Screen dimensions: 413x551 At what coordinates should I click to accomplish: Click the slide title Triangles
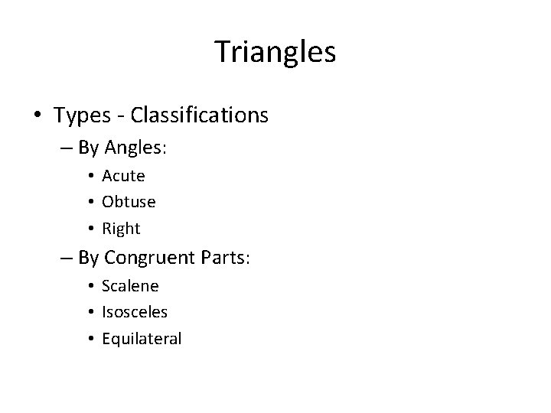(275, 52)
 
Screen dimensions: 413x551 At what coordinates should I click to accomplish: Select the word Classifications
(200, 115)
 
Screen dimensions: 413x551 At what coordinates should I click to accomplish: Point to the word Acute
(123, 175)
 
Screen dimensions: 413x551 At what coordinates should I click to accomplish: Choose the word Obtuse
(129, 202)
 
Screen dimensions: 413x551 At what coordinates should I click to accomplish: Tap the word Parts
(227, 258)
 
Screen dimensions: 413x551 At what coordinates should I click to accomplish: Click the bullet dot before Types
(37, 116)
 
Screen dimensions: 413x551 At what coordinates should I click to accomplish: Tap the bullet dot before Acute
(91, 176)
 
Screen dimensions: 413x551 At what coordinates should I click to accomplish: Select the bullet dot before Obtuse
(91, 203)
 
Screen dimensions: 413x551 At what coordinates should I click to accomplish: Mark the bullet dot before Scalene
(91, 286)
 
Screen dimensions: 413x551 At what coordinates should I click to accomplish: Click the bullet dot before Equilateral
(91, 339)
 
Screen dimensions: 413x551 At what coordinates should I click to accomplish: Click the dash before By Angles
(67, 148)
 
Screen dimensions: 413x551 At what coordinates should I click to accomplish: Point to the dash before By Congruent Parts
(67, 259)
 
